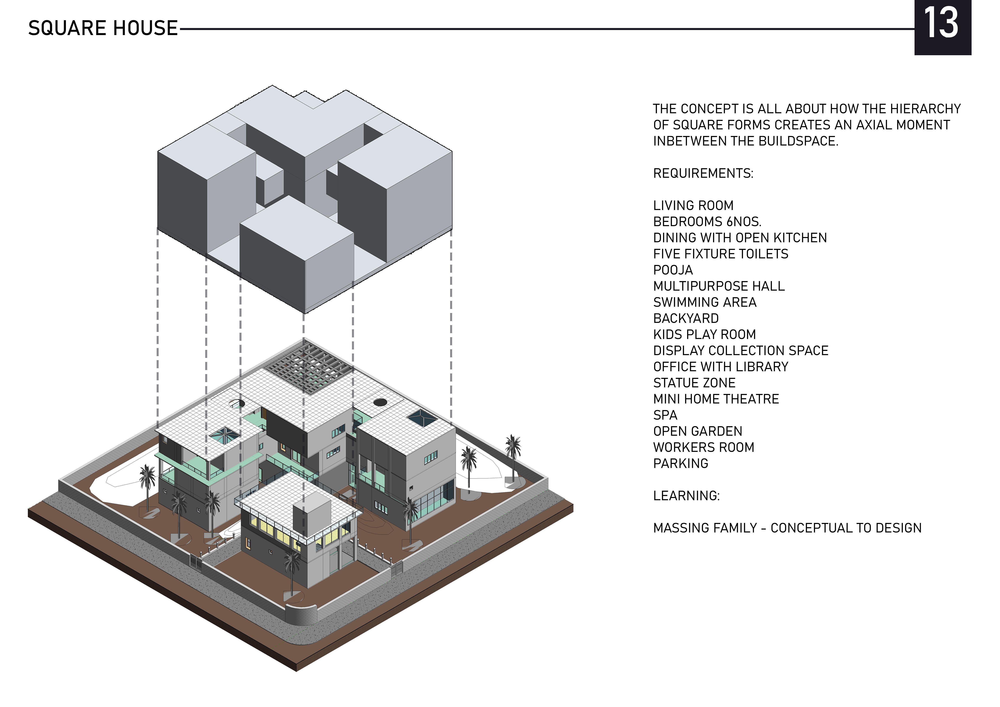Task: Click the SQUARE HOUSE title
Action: point(103,29)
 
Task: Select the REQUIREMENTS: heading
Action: point(703,174)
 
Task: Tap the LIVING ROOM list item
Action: point(693,206)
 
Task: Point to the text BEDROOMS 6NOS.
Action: point(707,222)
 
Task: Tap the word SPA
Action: point(665,415)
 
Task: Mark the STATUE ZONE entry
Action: point(694,383)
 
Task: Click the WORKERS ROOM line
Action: point(703,448)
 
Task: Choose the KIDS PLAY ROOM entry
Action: point(704,335)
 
